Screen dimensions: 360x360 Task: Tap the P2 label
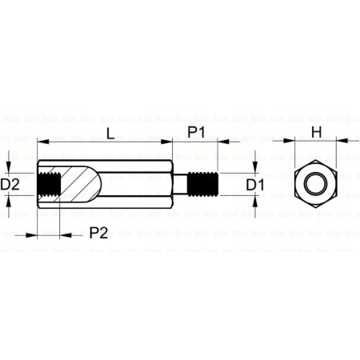(x=99, y=233)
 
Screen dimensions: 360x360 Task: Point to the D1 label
(x=255, y=185)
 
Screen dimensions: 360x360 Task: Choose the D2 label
(x=10, y=185)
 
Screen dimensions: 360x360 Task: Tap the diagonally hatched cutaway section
(x=80, y=185)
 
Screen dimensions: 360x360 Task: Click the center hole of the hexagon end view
(x=314, y=185)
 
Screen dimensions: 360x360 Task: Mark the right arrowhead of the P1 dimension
(x=216, y=141)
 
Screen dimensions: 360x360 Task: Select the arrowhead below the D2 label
(x=10, y=203)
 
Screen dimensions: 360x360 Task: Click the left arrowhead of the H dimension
(x=294, y=141)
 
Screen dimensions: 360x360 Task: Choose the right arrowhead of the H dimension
(x=334, y=141)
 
